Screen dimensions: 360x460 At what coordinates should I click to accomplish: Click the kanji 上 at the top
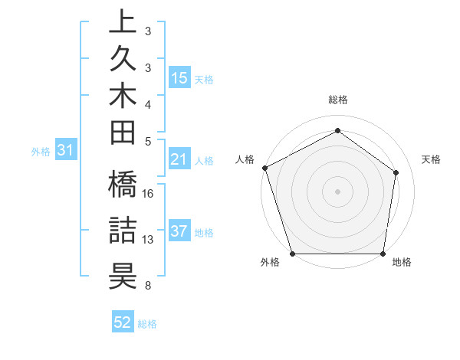[123, 24]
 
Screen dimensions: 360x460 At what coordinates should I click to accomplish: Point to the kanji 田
[123, 134]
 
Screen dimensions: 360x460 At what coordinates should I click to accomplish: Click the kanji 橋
[123, 187]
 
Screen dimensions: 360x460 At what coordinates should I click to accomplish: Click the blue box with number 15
[179, 78]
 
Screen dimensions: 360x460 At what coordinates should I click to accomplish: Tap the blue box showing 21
[179, 159]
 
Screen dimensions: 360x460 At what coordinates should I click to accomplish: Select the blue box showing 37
[179, 232]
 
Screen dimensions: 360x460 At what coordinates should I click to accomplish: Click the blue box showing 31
[66, 151]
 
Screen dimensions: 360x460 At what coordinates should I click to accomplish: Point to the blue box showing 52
[123, 322]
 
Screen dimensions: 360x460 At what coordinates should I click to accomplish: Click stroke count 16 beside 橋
[149, 194]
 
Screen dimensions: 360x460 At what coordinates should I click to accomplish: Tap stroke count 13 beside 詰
[149, 240]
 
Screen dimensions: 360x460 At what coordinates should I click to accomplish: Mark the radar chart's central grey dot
[337, 191]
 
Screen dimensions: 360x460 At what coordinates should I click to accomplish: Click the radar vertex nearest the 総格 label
[337, 131]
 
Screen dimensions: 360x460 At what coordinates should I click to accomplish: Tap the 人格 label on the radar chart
[245, 159]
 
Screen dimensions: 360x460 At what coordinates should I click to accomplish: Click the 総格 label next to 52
[147, 324]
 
